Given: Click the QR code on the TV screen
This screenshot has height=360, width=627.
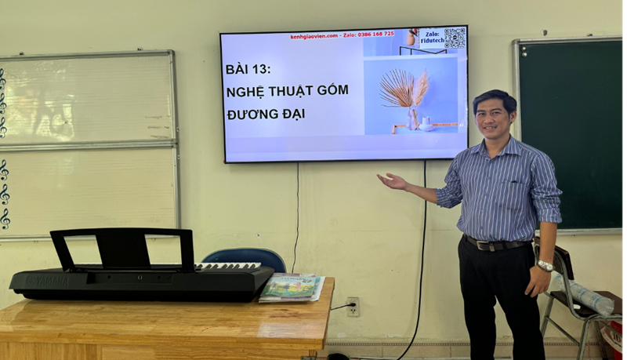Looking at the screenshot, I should coord(455,38).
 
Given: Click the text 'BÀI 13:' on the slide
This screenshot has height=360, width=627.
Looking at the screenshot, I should coord(248,69).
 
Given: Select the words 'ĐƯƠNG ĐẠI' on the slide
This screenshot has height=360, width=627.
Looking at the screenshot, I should coord(265,115).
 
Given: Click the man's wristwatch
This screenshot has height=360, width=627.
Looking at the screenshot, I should coord(544,266).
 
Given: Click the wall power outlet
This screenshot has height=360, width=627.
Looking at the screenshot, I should coord(353,306).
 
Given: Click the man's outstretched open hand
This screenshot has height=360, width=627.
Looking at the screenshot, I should coord(391,181).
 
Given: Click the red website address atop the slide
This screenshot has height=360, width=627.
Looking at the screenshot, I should coord(314,35).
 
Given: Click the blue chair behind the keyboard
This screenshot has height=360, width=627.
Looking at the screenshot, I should coord(245,258).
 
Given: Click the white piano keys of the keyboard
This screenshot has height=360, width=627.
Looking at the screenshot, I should coord(227,267).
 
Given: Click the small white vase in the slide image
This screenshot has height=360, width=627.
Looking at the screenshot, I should coord(426,124).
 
